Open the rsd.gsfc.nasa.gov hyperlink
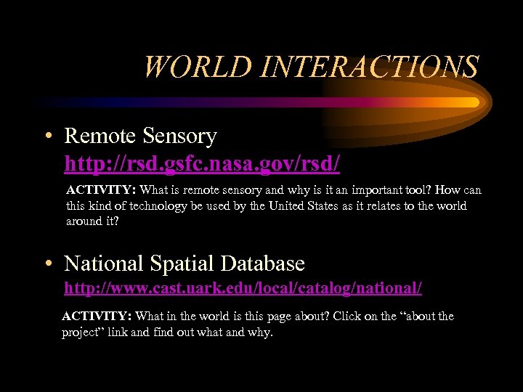[x=202, y=164]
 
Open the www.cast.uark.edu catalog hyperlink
[x=243, y=288]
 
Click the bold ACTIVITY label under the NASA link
[x=101, y=190]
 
